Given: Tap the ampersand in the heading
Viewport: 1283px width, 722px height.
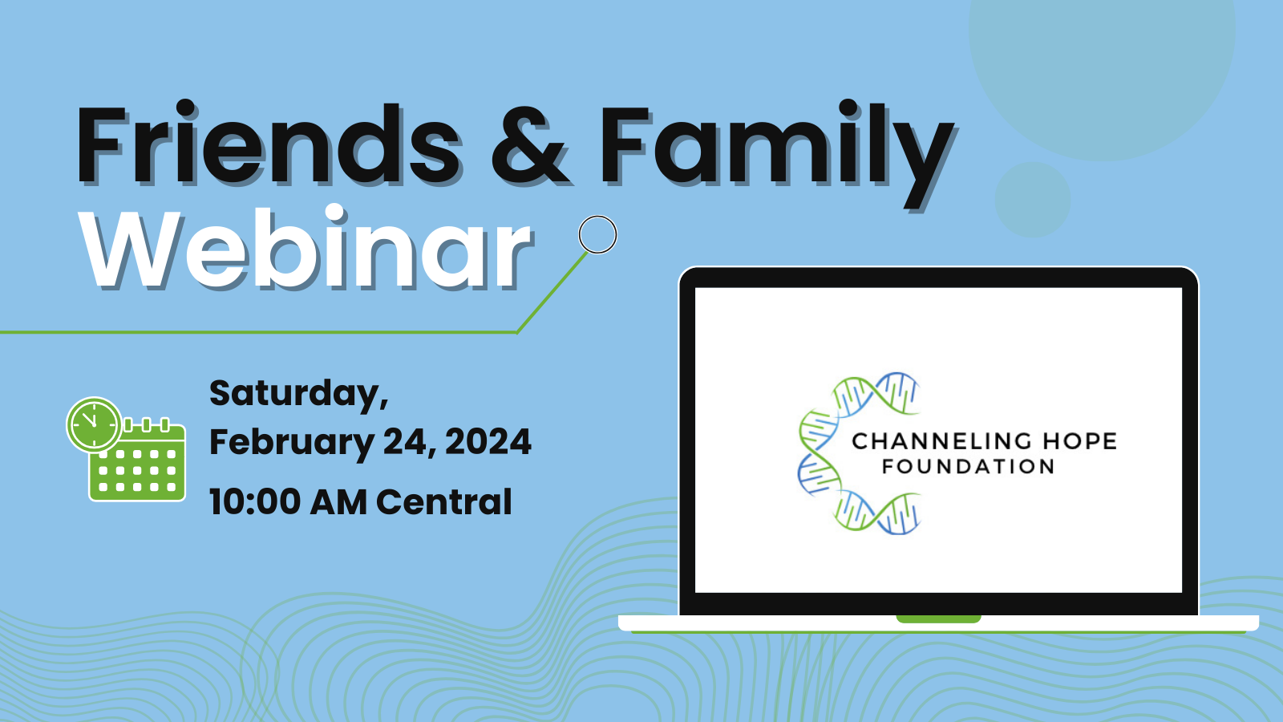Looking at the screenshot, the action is tap(530, 146).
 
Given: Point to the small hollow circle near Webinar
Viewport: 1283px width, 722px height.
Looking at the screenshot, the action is tap(597, 234).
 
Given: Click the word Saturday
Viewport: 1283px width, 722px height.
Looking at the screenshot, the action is tap(298, 394).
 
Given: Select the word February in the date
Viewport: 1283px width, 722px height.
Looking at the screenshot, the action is tap(292, 443).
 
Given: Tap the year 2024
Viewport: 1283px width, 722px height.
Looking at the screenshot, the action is tap(488, 442).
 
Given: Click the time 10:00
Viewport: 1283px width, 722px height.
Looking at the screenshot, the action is tap(255, 502).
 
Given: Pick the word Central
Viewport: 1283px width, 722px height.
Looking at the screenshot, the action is tap(444, 502).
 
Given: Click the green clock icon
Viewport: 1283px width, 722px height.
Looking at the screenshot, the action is tap(94, 424).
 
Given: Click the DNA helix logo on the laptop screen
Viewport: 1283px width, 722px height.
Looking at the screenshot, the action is tap(859, 453).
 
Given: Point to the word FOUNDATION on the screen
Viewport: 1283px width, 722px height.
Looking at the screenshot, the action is tap(968, 466).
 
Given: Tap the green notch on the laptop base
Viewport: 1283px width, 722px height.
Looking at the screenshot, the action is tap(938, 619).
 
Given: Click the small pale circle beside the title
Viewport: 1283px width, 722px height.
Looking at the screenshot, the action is tap(1033, 200).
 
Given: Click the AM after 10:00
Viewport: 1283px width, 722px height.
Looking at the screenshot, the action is tap(338, 502).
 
